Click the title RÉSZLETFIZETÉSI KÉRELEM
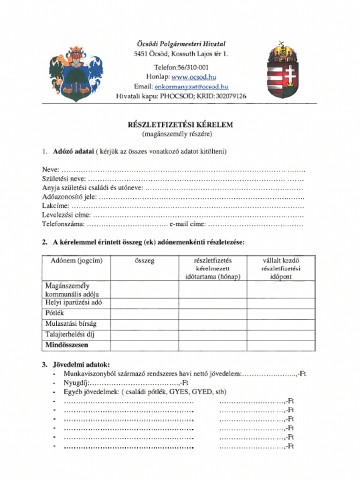coord(180,125)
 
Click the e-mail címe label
coord(187,224)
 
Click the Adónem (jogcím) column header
coord(76,261)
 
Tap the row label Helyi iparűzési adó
coord(74,303)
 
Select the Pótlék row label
coord(55,313)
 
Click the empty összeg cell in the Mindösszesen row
coord(144,345)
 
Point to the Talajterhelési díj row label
coord(70,335)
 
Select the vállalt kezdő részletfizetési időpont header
coord(281,269)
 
